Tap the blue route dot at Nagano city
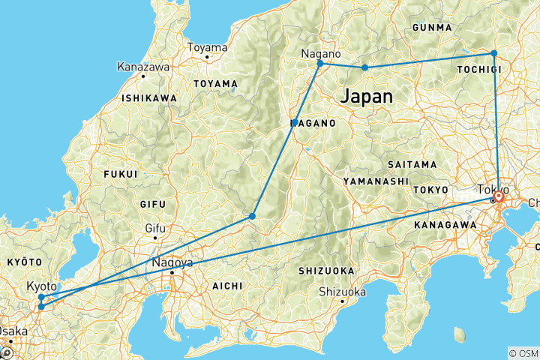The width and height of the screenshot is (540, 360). click(320, 63)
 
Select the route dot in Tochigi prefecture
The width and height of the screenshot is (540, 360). click(493, 53)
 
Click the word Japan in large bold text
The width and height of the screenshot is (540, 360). click(367, 96)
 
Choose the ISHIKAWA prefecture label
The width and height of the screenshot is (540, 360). click(149, 98)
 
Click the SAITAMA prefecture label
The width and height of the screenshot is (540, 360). click(412, 164)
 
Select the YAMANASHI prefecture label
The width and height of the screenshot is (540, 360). click(376, 181)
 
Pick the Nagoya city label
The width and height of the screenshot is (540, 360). click(172, 263)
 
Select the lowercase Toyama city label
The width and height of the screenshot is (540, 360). click(207, 47)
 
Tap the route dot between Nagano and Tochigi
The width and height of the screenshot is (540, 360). click(365, 67)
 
